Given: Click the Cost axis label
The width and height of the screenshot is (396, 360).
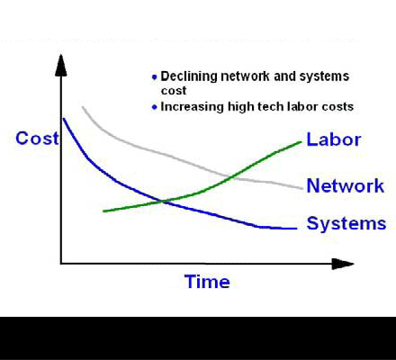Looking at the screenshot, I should point(36,139).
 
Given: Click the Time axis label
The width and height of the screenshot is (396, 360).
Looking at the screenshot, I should point(207,282).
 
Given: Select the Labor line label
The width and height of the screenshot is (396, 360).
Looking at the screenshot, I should point(333,139).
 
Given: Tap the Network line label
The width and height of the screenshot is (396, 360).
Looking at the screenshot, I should point(346,186).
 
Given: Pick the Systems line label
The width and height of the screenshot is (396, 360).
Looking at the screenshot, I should point(346,224).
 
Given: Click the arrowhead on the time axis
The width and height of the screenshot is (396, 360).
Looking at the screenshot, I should point(342,264).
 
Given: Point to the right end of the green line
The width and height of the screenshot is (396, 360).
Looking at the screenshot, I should point(301,141).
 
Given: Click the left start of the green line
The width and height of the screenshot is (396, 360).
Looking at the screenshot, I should point(104,211).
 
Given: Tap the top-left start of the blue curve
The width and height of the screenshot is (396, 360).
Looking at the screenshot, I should point(63,119).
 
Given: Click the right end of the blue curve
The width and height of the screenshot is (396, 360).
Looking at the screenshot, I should point(295,229).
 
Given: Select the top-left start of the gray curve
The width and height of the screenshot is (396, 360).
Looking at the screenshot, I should point(82,107).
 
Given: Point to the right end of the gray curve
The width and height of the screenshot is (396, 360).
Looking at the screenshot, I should point(301,189).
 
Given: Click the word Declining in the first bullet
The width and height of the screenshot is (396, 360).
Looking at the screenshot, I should point(184,76).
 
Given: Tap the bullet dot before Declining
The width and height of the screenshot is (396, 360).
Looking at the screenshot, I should point(154,77).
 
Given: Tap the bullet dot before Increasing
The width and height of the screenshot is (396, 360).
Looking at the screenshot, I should point(154,107).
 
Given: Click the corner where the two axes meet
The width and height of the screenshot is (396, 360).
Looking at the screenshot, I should point(61,264).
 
